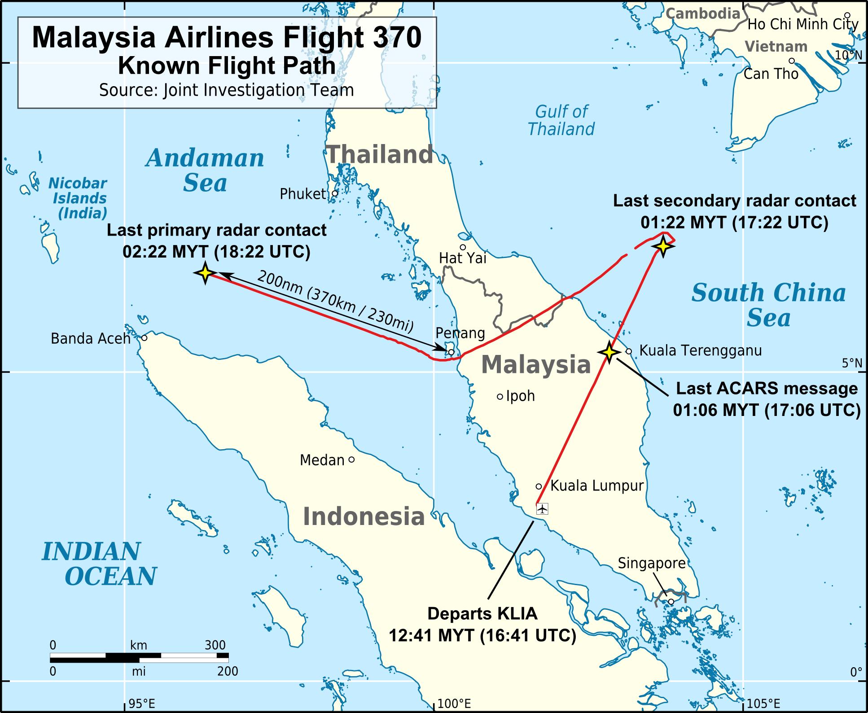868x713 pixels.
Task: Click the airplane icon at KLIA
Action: (x=543, y=509)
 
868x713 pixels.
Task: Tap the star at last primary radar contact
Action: (x=205, y=273)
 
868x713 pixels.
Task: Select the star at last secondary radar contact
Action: (x=663, y=246)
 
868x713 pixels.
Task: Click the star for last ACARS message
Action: (x=609, y=352)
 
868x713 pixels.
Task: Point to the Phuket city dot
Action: (x=335, y=193)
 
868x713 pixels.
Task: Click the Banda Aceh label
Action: (x=90, y=338)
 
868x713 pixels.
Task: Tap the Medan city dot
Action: (x=351, y=459)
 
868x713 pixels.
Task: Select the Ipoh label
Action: (x=521, y=396)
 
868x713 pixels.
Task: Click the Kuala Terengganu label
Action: (x=700, y=350)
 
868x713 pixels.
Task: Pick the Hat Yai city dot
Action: (x=463, y=247)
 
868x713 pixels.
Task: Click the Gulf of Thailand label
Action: (x=561, y=120)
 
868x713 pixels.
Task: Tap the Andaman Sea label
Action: (x=205, y=171)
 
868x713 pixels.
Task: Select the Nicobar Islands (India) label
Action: (x=78, y=198)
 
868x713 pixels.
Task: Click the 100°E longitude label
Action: (x=454, y=704)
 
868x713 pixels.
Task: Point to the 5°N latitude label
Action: (x=852, y=363)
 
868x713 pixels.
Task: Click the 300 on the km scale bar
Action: (x=215, y=645)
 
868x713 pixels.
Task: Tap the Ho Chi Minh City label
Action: (x=802, y=24)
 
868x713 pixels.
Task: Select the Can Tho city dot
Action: (x=792, y=61)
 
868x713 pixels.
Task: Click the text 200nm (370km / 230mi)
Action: (x=335, y=302)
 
